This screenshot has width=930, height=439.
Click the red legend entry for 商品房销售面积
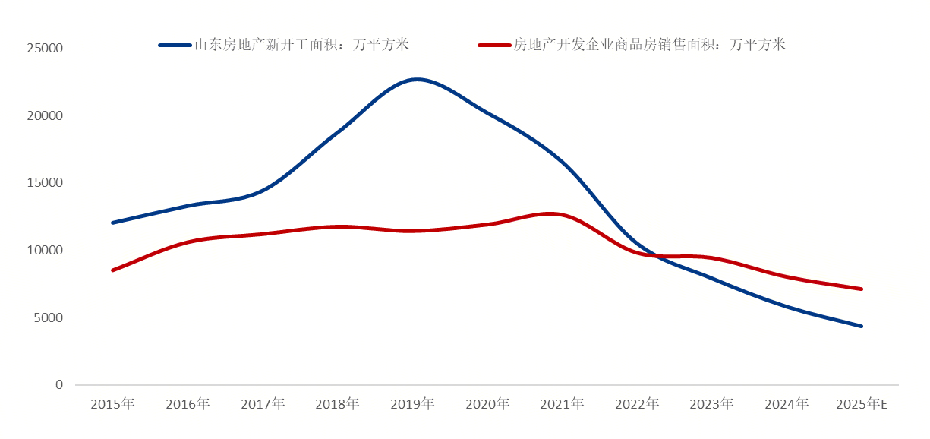click(x=632, y=45)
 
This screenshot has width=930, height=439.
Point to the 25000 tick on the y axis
click(x=45, y=49)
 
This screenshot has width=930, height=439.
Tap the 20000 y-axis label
click(x=45, y=115)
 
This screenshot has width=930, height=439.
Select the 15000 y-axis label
click(x=45, y=183)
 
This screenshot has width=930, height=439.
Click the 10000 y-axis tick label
click(x=45, y=251)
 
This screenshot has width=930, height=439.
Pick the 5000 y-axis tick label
click(x=48, y=317)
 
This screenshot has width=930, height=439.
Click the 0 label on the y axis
click(x=58, y=385)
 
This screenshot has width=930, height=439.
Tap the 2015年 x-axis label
click(x=112, y=404)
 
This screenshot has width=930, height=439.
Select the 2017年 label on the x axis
click(x=263, y=404)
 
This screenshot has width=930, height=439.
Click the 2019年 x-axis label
click(x=412, y=404)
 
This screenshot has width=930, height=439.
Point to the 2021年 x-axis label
click(x=562, y=404)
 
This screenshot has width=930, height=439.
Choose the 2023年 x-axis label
click(x=711, y=404)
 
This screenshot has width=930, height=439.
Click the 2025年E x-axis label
click(x=862, y=404)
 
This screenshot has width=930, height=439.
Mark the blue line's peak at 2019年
click(x=417, y=79)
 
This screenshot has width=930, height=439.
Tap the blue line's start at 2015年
click(x=112, y=223)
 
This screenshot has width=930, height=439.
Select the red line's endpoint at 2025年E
click(x=862, y=289)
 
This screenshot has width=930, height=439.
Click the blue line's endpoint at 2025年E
click(x=862, y=327)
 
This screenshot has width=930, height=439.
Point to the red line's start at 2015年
click(x=112, y=270)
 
